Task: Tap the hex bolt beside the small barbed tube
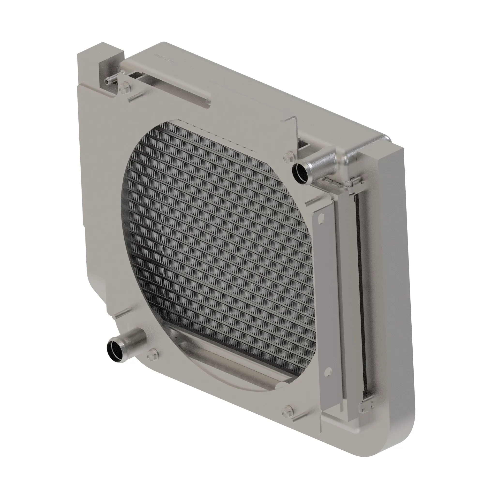(123, 88)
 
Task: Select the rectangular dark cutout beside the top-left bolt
(136, 75)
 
